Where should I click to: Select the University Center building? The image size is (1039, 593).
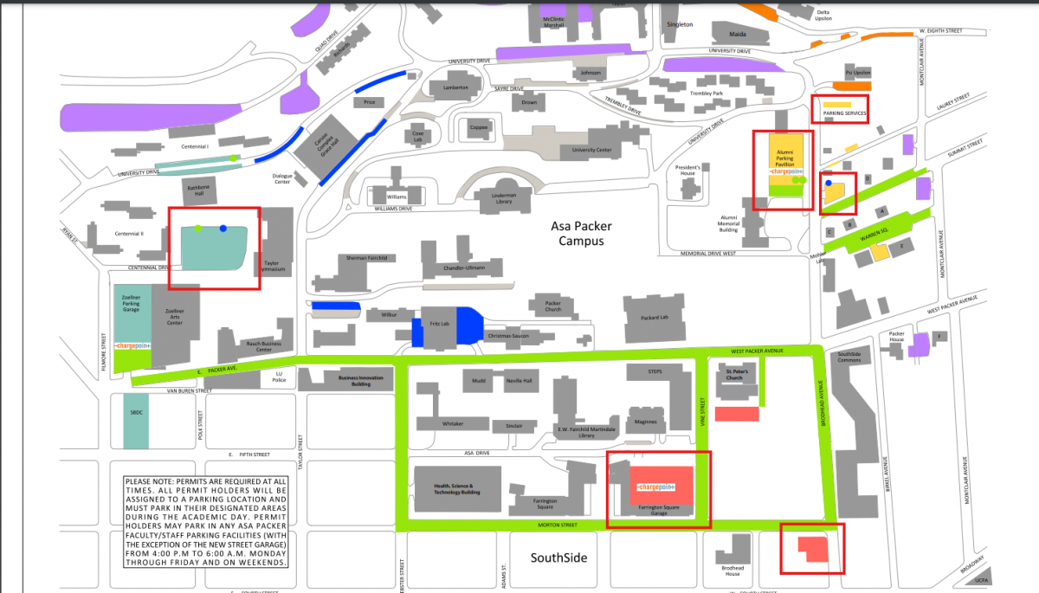pos(591,150)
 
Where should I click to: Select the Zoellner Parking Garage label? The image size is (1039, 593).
pos(132,302)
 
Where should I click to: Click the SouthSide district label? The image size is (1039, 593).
pos(558,558)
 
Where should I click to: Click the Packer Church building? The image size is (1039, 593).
pos(552,307)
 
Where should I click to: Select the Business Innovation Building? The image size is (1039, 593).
pos(354,378)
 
